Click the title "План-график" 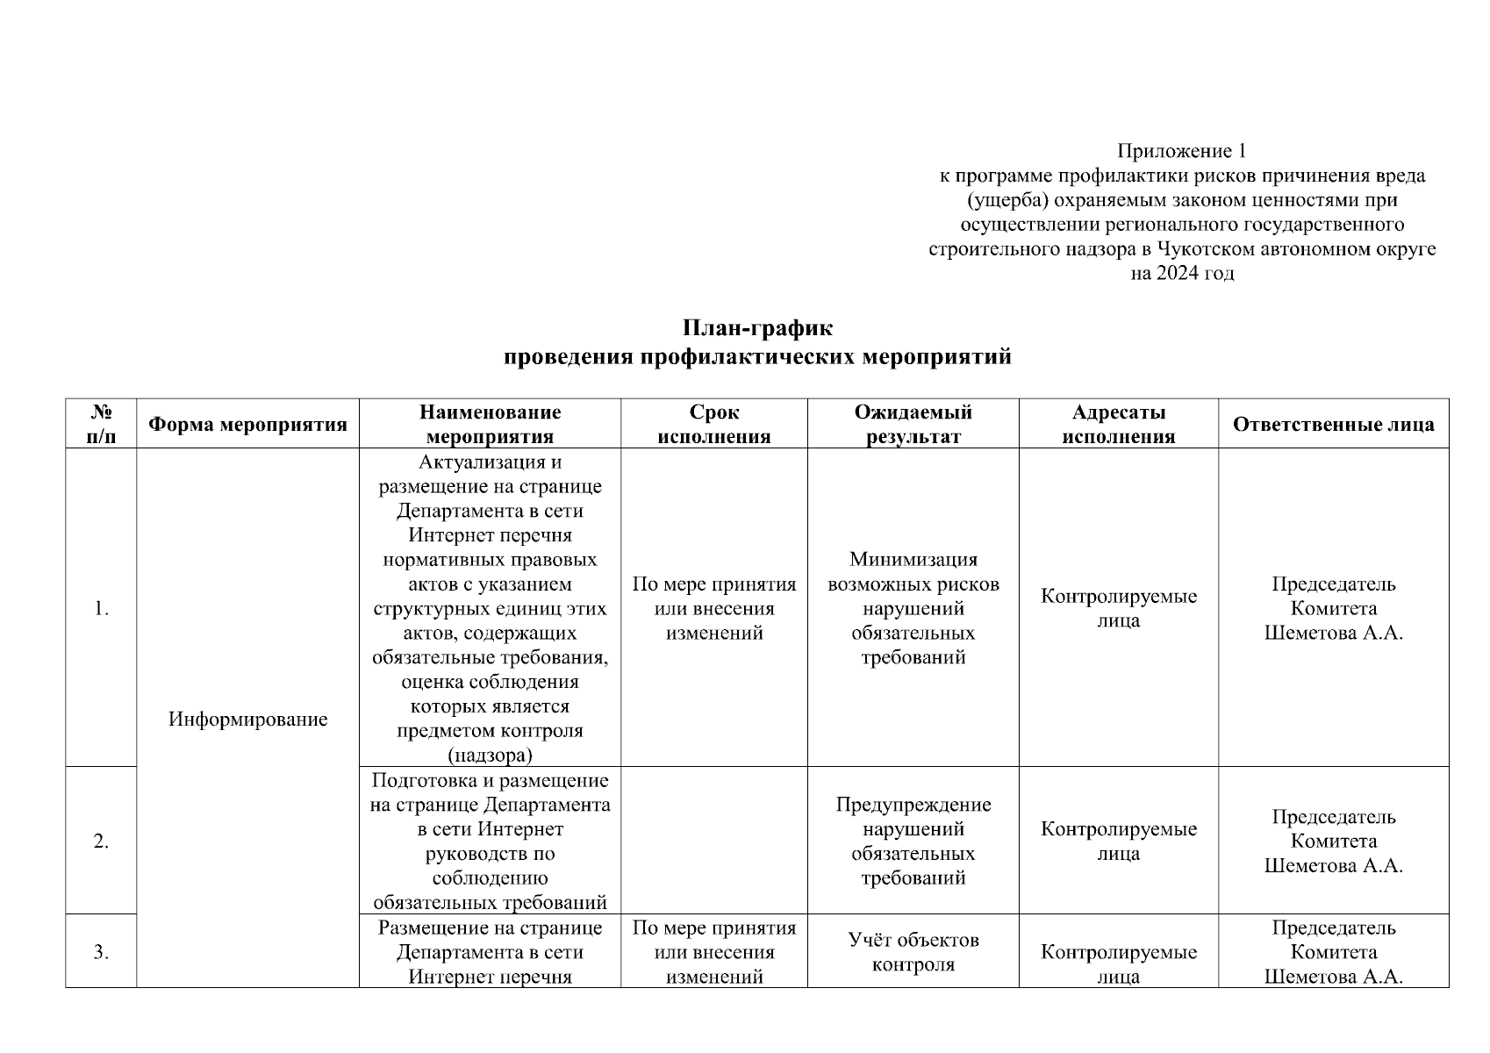click(x=757, y=328)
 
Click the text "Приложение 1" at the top click(x=1181, y=151)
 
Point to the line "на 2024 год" click(x=1181, y=273)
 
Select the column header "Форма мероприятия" click(x=247, y=425)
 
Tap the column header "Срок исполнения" click(x=713, y=425)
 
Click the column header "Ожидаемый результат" click(x=913, y=425)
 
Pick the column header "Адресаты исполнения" click(x=1118, y=425)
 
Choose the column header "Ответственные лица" click(x=1333, y=425)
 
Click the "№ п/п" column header click(x=101, y=425)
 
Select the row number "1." click(x=101, y=608)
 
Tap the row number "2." click(x=101, y=842)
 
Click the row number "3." click(x=101, y=952)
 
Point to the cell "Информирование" click(x=247, y=720)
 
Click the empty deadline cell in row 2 click(x=713, y=841)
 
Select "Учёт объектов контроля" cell click(x=913, y=952)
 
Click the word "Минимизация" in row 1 click(x=913, y=560)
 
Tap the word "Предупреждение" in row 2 click(x=913, y=805)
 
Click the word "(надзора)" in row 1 click(x=490, y=755)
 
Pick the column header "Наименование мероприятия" click(x=490, y=425)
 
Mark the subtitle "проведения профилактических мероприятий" click(x=757, y=357)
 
